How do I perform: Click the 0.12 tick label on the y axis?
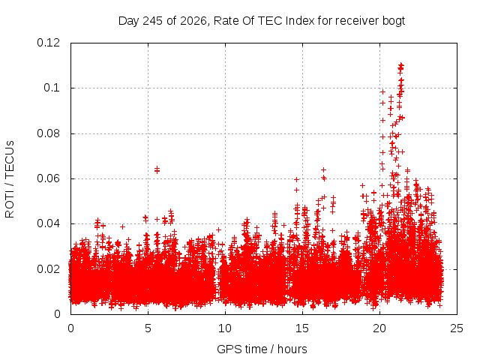point(48,43)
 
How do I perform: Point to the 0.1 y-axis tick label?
point(52,88)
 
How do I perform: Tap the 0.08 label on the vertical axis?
point(48,133)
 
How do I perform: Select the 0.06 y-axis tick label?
point(48,178)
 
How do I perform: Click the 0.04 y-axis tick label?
point(48,223)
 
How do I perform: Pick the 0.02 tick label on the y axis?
point(48,269)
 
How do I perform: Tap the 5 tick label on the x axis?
point(148,328)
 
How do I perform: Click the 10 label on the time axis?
point(225,328)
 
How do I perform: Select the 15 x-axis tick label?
point(302,328)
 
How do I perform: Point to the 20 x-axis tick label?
point(379,328)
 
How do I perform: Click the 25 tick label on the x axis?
point(457,328)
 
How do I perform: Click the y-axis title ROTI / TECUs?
point(10,179)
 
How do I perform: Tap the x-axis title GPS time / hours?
point(262,349)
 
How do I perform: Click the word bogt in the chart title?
point(394,21)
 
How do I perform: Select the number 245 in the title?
point(153,21)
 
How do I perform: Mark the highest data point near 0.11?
point(400,65)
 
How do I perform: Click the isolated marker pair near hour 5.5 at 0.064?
point(157,169)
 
